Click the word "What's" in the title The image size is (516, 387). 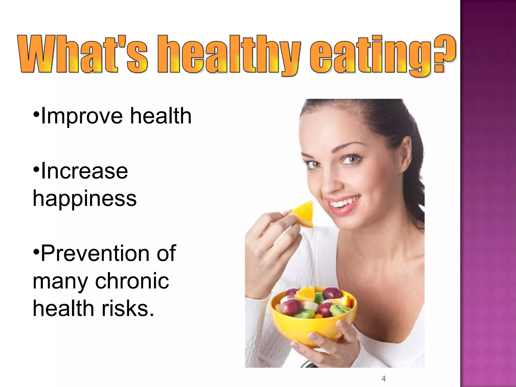pyautogui.click(x=82, y=54)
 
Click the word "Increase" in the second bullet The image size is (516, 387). pyautogui.click(x=84, y=171)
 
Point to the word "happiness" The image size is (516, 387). pyautogui.click(x=85, y=199)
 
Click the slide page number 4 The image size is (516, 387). pyautogui.click(x=383, y=378)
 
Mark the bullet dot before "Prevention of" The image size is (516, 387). pyautogui.click(x=37, y=251)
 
